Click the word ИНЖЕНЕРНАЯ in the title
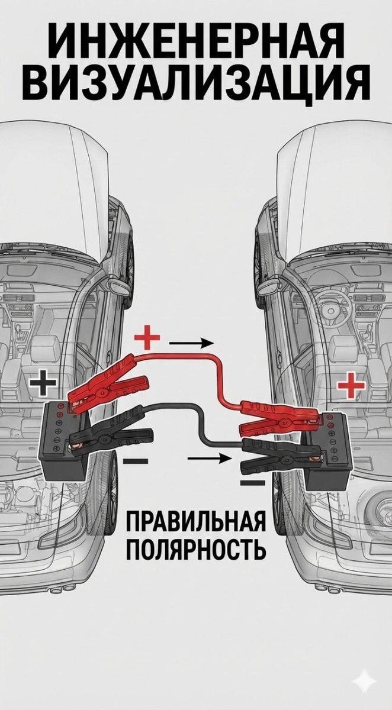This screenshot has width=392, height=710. click(x=195, y=42)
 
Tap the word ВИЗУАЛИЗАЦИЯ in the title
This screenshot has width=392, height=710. click(x=195, y=82)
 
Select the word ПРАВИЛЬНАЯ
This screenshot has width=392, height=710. click(x=195, y=524)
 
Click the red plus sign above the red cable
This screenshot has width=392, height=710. click(x=147, y=339)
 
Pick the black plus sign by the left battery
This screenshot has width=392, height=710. click(x=43, y=383)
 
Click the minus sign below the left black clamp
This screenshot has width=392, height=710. click(x=137, y=460)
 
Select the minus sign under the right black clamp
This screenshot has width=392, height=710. click(x=253, y=483)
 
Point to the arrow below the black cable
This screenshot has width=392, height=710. click(x=208, y=457)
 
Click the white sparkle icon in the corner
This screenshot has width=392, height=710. click(x=364, y=684)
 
